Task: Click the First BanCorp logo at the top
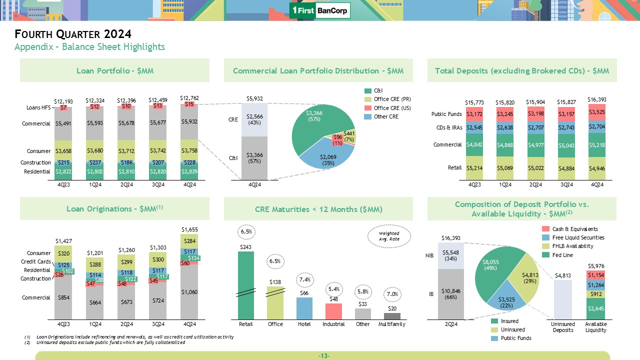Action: (x=320, y=10)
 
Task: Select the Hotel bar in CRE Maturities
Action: (x=304, y=308)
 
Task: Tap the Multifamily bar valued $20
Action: (x=392, y=316)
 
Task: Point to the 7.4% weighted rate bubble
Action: (x=304, y=278)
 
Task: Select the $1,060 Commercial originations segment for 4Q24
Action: (x=189, y=292)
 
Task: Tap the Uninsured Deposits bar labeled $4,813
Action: (x=563, y=299)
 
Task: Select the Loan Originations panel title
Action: (x=114, y=209)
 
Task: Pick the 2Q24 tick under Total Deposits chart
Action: (x=535, y=185)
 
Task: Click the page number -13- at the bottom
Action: (x=323, y=355)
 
